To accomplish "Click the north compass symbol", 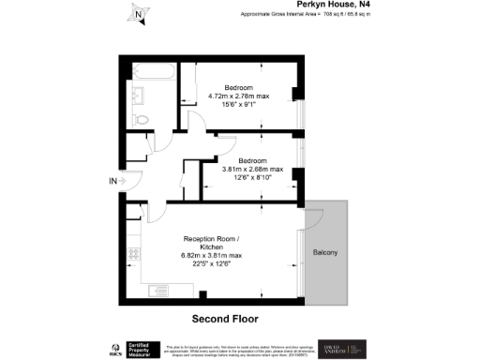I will point(138,14).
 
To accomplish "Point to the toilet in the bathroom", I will point(142,119).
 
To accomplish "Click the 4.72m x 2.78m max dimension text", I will point(238,96).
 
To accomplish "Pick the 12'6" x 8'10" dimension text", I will point(251,178).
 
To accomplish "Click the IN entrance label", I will point(113,181).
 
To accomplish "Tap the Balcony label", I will point(325,253).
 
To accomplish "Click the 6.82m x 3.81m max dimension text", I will point(212,256).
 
